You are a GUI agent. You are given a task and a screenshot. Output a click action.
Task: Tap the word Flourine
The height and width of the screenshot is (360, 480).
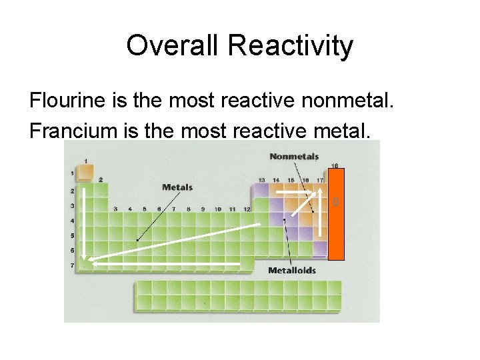(69, 101)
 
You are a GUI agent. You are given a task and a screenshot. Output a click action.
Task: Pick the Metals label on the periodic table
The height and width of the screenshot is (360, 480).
(177, 187)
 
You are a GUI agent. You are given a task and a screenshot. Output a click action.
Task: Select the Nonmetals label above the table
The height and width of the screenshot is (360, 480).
(294, 157)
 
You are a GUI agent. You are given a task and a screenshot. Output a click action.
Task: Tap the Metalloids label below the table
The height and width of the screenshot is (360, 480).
(292, 270)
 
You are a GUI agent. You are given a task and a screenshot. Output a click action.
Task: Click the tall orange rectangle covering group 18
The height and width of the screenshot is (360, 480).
(336, 213)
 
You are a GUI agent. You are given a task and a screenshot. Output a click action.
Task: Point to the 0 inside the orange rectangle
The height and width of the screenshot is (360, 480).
(336, 201)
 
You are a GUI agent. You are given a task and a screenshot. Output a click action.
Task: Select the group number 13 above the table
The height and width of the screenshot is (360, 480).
(262, 180)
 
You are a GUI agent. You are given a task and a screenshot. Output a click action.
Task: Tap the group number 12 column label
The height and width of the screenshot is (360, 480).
(247, 209)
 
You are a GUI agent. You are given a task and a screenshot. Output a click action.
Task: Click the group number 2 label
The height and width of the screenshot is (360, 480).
(101, 179)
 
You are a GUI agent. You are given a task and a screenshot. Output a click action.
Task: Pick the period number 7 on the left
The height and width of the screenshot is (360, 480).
(73, 265)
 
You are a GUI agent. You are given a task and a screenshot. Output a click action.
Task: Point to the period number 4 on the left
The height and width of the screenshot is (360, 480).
(73, 221)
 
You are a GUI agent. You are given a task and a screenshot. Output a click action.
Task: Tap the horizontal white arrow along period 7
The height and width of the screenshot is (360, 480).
(167, 265)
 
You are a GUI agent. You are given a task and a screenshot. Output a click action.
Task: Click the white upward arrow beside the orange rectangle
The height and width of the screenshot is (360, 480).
(321, 213)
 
